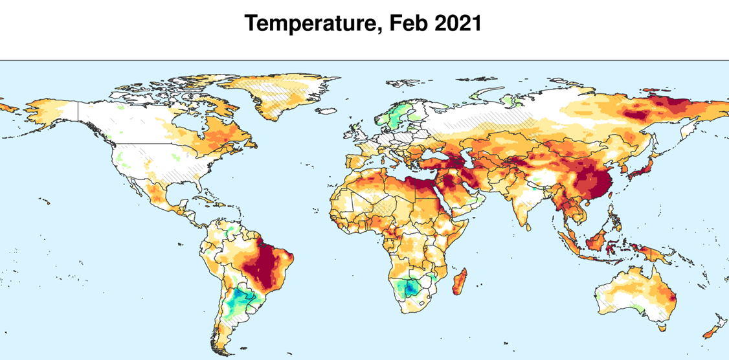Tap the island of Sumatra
coord(570,243)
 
